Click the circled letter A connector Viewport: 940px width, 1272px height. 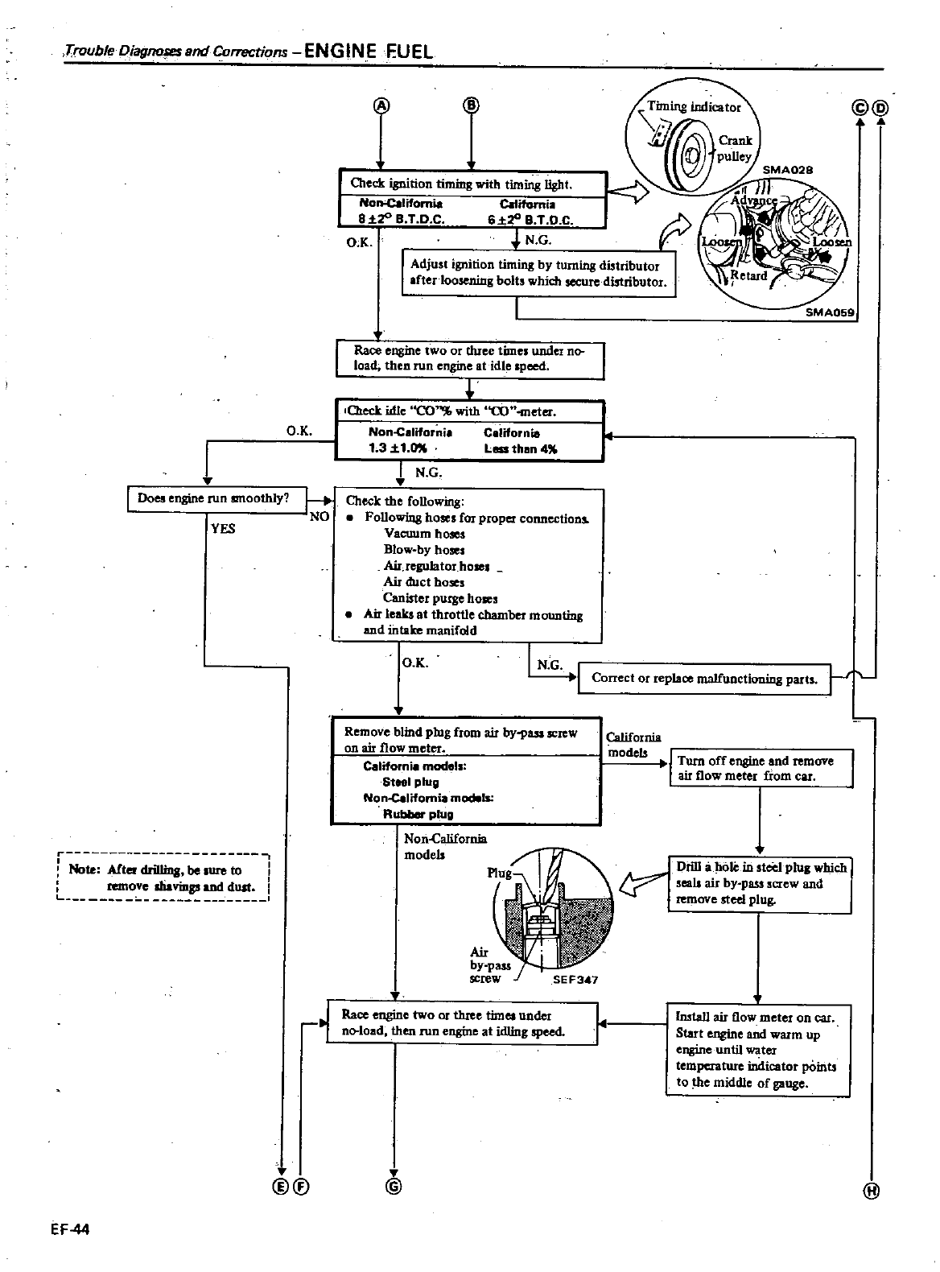[x=381, y=105]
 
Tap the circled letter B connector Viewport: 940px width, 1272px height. [x=471, y=105]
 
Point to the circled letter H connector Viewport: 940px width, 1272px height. [x=872, y=1192]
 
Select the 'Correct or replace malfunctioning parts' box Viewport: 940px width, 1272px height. [x=704, y=679]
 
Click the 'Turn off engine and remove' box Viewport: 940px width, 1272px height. [x=761, y=769]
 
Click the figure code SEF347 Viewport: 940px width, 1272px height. [x=575, y=980]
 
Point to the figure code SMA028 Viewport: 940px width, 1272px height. [x=788, y=170]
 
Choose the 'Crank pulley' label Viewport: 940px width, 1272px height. [x=735, y=148]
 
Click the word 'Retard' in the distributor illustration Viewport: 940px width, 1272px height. [x=748, y=275]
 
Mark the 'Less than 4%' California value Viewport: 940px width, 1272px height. [x=520, y=448]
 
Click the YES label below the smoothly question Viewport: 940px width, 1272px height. [x=223, y=529]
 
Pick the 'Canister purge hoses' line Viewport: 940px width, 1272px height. [x=440, y=598]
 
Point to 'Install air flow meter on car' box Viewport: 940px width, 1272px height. [x=757, y=1050]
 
